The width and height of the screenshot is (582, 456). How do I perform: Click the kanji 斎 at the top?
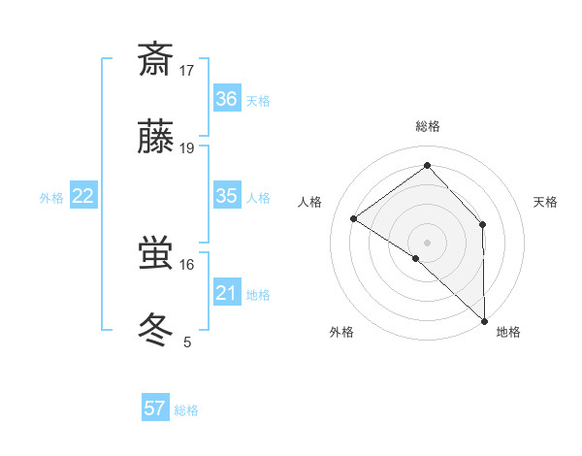click(x=155, y=60)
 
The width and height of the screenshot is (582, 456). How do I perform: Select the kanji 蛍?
click(x=155, y=253)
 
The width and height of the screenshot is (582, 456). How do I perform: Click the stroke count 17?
click(x=187, y=71)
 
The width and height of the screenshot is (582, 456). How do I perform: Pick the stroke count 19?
click(x=187, y=148)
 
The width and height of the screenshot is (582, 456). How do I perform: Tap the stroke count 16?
click(x=187, y=264)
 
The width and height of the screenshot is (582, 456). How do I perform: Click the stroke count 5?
click(x=187, y=342)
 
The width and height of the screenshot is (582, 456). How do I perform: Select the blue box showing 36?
click(x=227, y=99)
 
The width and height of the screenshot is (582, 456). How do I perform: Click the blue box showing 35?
click(x=227, y=196)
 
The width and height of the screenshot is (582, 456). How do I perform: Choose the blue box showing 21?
click(x=227, y=293)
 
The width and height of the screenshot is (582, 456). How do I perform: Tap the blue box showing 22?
click(x=83, y=196)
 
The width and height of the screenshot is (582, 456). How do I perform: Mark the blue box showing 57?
click(x=155, y=408)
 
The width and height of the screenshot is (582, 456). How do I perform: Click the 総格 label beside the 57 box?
click(x=187, y=410)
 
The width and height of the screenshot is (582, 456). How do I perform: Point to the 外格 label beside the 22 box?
click(x=51, y=198)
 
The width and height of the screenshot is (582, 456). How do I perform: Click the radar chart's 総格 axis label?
click(x=428, y=126)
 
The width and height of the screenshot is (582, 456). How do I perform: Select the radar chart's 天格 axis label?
click(x=546, y=202)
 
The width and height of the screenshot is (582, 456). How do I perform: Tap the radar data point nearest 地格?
click(x=484, y=320)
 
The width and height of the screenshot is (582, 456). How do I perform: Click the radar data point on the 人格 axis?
click(x=354, y=218)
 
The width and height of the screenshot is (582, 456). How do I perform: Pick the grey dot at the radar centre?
click(x=428, y=242)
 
